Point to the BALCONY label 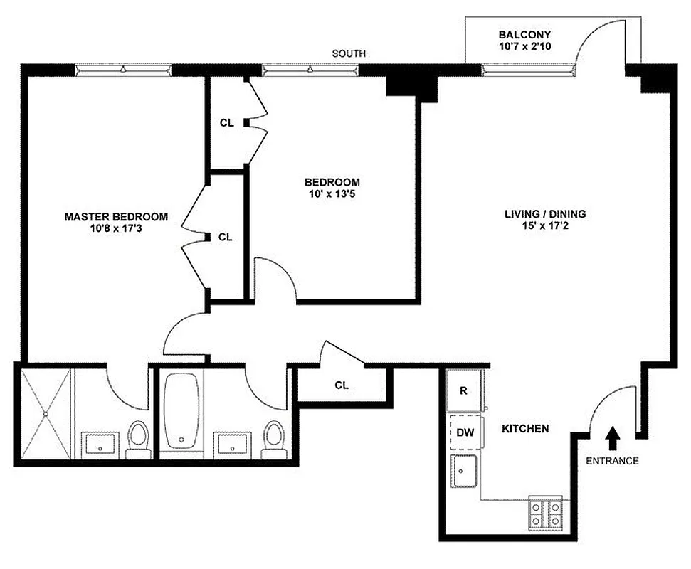point(524,35)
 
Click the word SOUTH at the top point(349,54)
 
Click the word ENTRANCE point(612,460)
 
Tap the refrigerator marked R point(464,391)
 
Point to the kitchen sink point(465,472)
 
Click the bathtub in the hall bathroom point(181,413)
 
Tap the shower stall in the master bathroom point(44,413)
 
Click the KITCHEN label point(525,429)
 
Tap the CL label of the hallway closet point(342,385)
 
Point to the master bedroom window point(123,70)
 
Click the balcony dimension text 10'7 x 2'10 point(524,47)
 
